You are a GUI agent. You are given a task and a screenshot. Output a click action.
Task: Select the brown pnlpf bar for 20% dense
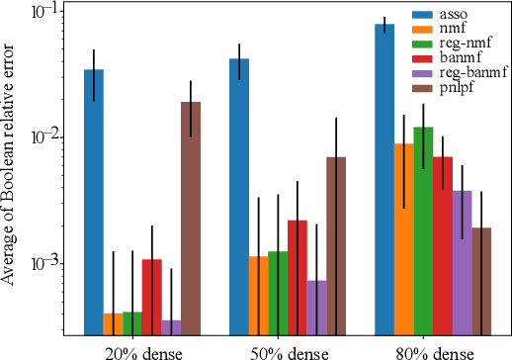(x=191, y=219)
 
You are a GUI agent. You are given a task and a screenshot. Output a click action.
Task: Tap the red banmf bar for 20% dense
(x=151, y=297)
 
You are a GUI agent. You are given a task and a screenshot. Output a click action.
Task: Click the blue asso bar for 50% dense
(x=239, y=197)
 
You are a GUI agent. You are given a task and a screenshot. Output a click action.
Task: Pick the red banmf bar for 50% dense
(x=298, y=277)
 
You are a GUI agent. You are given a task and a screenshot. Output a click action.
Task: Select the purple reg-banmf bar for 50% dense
(x=316, y=308)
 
